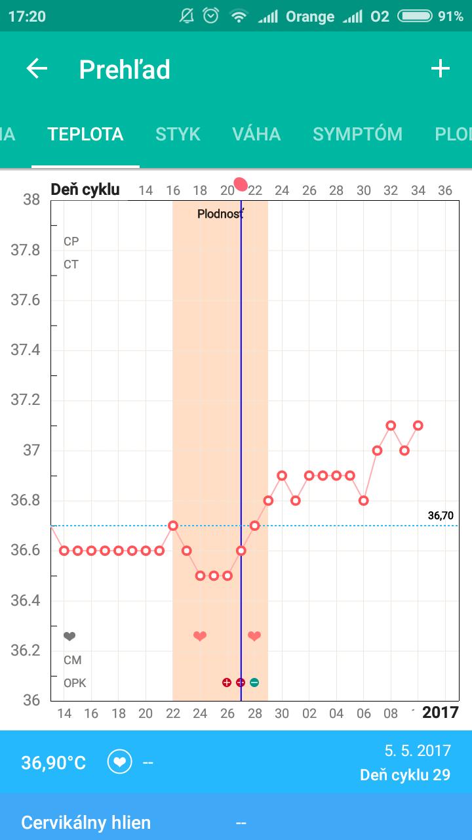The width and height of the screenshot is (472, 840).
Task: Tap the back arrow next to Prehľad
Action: point(37,69)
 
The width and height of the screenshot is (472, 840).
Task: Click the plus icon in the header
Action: point(440,69)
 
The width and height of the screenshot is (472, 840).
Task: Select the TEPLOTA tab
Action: point(85,134)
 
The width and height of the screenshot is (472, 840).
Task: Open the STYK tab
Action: point(178,134)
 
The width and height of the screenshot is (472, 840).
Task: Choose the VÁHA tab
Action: point(256,134)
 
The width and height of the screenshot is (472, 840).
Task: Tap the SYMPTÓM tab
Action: point(357,134)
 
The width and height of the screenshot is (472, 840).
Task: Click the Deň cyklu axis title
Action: point(85,190)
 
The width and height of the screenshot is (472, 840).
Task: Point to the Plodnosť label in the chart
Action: point(220,214)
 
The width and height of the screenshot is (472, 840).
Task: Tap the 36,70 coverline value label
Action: point(441,516)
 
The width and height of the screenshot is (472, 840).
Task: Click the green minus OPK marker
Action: point(254,682)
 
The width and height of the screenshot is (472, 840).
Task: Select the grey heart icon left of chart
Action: point(69,636)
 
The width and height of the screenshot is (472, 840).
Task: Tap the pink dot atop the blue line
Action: point(241,184)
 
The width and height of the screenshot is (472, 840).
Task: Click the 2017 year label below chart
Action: point(440,713)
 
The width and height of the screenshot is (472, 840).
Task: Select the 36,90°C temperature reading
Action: point(54,763)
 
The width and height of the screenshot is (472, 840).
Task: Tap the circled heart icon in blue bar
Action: point(120,763)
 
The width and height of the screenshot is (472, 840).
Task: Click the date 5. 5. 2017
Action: point(418,750)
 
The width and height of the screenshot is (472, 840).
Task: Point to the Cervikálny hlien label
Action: point(86,822)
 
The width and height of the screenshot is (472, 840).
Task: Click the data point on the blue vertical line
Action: point(241,551)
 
